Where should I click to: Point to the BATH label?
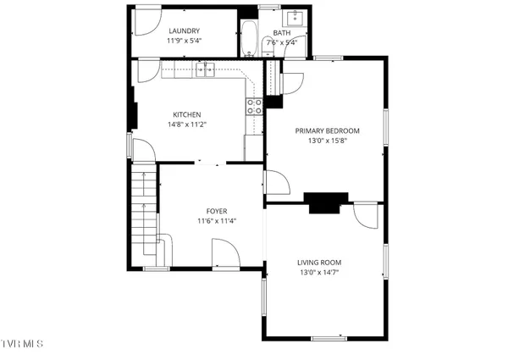[281, 32]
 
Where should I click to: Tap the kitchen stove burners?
[253, 106]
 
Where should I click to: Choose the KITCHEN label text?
[186, 114]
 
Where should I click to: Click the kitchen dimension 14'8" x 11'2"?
[186, 125]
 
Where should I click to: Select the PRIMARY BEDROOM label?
[327, 130]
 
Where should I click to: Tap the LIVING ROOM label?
[325, 263]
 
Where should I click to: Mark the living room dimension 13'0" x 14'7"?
[325, 273]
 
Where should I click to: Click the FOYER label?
[216, 211]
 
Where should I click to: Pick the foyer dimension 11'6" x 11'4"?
[216, 221]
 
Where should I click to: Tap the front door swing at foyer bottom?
[224, 252]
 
